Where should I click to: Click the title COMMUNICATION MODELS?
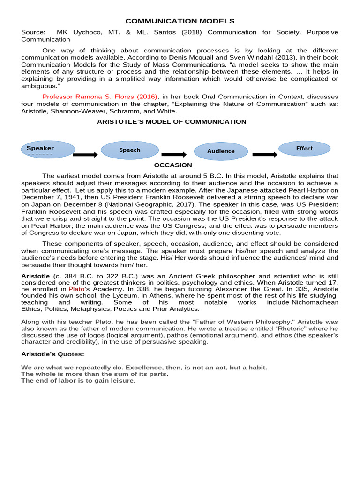coord(180,21)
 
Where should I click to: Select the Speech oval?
coord(130,150)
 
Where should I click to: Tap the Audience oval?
coord(221,151)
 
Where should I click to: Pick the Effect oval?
coord(304,149)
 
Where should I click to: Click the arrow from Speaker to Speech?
coord(85,154)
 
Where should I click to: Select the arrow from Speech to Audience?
coord(174,154)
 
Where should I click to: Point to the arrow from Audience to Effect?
coord(264,154)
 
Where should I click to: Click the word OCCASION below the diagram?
coord(173,165)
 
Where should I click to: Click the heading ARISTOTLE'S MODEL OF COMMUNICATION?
coord(172,121)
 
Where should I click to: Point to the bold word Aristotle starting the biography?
coord(36,277)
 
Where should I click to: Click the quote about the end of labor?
coord(78,380)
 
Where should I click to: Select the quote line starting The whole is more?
coord(95,374)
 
